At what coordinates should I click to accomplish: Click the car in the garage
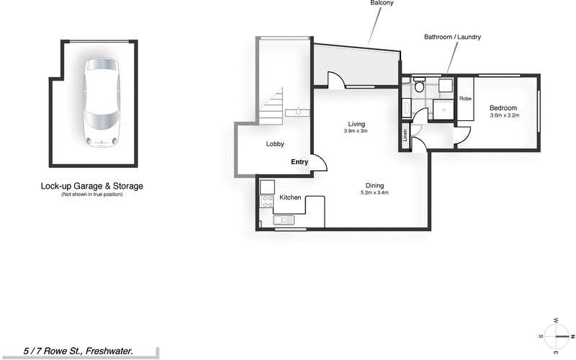pos(101,102)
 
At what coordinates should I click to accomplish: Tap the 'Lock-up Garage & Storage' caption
pos(92,186)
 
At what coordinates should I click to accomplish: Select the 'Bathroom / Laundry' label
pos(452,37)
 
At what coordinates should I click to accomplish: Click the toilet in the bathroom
pos(419,87)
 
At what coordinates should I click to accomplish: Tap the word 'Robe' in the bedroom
pos(466,98)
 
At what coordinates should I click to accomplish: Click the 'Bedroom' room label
pos(504,107)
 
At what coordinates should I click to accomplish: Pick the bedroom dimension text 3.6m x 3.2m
pos(504,115)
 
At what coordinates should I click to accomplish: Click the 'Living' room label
pos(356,124)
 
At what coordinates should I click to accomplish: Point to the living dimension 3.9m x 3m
pos(356,131)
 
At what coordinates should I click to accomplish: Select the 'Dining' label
pos(375,185)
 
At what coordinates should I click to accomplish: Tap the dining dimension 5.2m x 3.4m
pos(375,192)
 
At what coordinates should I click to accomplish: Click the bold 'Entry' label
pos(300,162)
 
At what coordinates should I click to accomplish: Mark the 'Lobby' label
pos(275,144)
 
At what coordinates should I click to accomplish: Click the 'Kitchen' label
pos(290,197)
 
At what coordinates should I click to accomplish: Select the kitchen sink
pos(283,220)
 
